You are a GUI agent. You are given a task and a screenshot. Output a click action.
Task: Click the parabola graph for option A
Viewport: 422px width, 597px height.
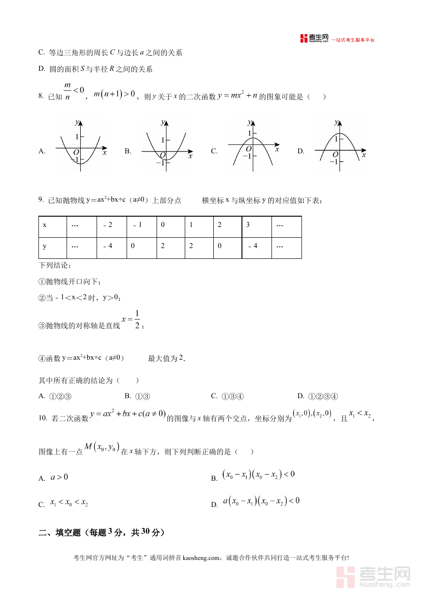(81, 145)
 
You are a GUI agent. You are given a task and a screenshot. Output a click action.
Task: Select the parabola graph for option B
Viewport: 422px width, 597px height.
(166, 145)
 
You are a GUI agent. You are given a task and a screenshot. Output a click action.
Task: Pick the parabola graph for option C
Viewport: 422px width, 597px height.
(253, 145)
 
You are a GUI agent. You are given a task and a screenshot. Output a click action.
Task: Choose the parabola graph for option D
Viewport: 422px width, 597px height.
(339, 145)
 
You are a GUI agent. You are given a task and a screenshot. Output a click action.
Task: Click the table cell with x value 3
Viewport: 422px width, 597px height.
(256, 225)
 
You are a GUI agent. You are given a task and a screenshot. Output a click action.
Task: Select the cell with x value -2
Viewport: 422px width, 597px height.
(112, 225)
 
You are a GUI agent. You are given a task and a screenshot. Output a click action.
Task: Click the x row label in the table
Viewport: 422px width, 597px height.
(53, 225)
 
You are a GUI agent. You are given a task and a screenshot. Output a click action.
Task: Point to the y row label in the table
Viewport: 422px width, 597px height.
(53, 246)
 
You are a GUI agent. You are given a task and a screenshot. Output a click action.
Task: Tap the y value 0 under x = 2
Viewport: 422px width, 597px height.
(227, 246)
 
